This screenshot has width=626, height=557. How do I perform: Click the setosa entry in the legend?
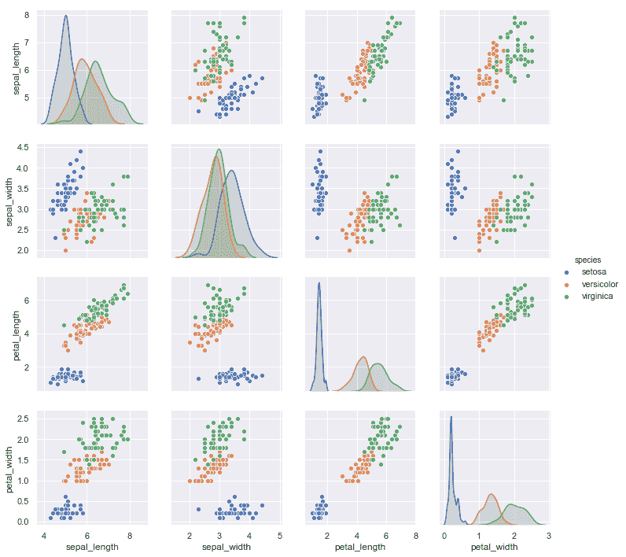(596, 271)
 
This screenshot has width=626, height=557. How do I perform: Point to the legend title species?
(588, 259)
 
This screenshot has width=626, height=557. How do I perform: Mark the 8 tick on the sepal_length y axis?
(27, 16)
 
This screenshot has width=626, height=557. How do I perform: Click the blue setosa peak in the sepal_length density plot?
(66, 16)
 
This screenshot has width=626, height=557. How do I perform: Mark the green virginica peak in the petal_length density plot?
(379, 363)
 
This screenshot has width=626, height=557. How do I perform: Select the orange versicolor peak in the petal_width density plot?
(491, 494)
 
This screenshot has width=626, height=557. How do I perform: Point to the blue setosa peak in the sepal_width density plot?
(234, 172)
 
